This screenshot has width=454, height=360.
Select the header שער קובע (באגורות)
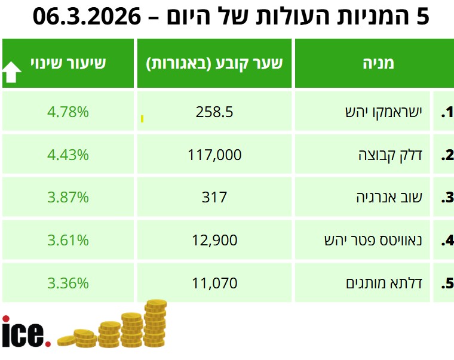click(x=214, y=63)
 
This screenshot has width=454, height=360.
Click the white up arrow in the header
click(x=12, y=72)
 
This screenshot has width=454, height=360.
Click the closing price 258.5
click(x=214, y=112)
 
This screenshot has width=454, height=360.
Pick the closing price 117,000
click(x=214, y=155)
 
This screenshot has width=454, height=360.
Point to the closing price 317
click(x=214, y=197)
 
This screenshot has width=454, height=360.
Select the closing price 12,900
click(x=214, y=240)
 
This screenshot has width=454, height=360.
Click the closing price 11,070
click(x=214, y=282)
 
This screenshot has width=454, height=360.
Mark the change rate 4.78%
click(x=68, y=112)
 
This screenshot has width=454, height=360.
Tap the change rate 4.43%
click(x=68, y=155)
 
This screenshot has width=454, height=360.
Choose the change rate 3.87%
click(x=68, y=197)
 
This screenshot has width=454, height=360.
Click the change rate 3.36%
click(x=68, y=282)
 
